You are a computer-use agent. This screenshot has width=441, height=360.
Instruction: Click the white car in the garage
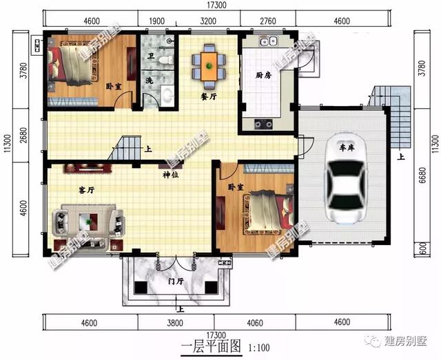346,178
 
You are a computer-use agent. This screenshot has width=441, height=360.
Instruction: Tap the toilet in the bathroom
166,60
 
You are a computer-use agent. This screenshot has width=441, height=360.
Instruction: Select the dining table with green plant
209,66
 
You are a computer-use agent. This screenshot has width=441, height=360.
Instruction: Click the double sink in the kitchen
268,41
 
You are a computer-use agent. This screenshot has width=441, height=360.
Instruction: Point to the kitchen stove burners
263,124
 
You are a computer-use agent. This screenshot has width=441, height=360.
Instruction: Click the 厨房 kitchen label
263,75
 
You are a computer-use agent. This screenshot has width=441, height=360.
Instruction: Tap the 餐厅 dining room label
209,96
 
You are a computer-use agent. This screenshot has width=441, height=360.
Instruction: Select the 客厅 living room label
86,190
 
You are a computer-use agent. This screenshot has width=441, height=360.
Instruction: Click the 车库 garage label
347,147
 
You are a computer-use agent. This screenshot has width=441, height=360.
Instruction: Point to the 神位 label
171,175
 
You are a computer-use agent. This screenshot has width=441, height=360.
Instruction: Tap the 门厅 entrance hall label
176,281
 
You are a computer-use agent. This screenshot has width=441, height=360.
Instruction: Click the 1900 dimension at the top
156,21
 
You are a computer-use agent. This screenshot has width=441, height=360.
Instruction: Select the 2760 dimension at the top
268,21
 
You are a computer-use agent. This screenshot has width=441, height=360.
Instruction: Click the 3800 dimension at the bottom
175,323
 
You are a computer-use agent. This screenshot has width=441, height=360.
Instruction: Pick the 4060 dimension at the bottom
255,323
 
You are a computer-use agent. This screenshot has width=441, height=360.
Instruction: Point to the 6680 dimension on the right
422,175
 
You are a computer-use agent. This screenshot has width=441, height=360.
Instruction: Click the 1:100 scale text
259,348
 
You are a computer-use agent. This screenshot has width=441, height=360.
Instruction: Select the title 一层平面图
211,346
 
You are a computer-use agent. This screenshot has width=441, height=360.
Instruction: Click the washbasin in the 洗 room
167,95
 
